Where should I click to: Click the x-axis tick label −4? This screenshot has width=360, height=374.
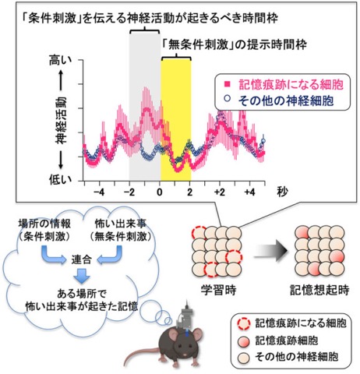click(99, 192)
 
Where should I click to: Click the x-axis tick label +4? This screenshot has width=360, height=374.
click(249, 192)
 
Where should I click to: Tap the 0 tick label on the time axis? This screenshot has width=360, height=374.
click(160, 192)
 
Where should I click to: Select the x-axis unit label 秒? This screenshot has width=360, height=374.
click(282, 192)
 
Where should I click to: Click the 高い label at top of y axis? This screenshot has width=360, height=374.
click(60, 61)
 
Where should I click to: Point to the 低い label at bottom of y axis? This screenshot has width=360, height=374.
click(60, 179)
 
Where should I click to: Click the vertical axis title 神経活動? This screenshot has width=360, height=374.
click(61, 120)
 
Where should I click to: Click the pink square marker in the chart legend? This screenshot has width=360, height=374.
click(228, 84)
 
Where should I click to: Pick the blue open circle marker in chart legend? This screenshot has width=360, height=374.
click(228, 99)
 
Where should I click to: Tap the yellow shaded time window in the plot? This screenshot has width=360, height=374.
click(176, 121)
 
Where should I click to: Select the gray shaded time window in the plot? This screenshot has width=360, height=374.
click(145, 108)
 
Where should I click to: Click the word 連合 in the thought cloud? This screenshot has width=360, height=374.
click(81, 259)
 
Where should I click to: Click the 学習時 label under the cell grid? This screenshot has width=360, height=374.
click(218, 290)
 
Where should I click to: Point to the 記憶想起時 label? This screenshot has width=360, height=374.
click(319, 290)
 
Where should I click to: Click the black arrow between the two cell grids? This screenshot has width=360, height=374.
click(270, 251)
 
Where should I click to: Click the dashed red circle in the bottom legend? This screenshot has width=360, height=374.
click(244, 324)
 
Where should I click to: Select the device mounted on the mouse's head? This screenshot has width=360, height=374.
click(186, 316)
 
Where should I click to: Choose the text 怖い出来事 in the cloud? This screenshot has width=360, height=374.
click(121, 224)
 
